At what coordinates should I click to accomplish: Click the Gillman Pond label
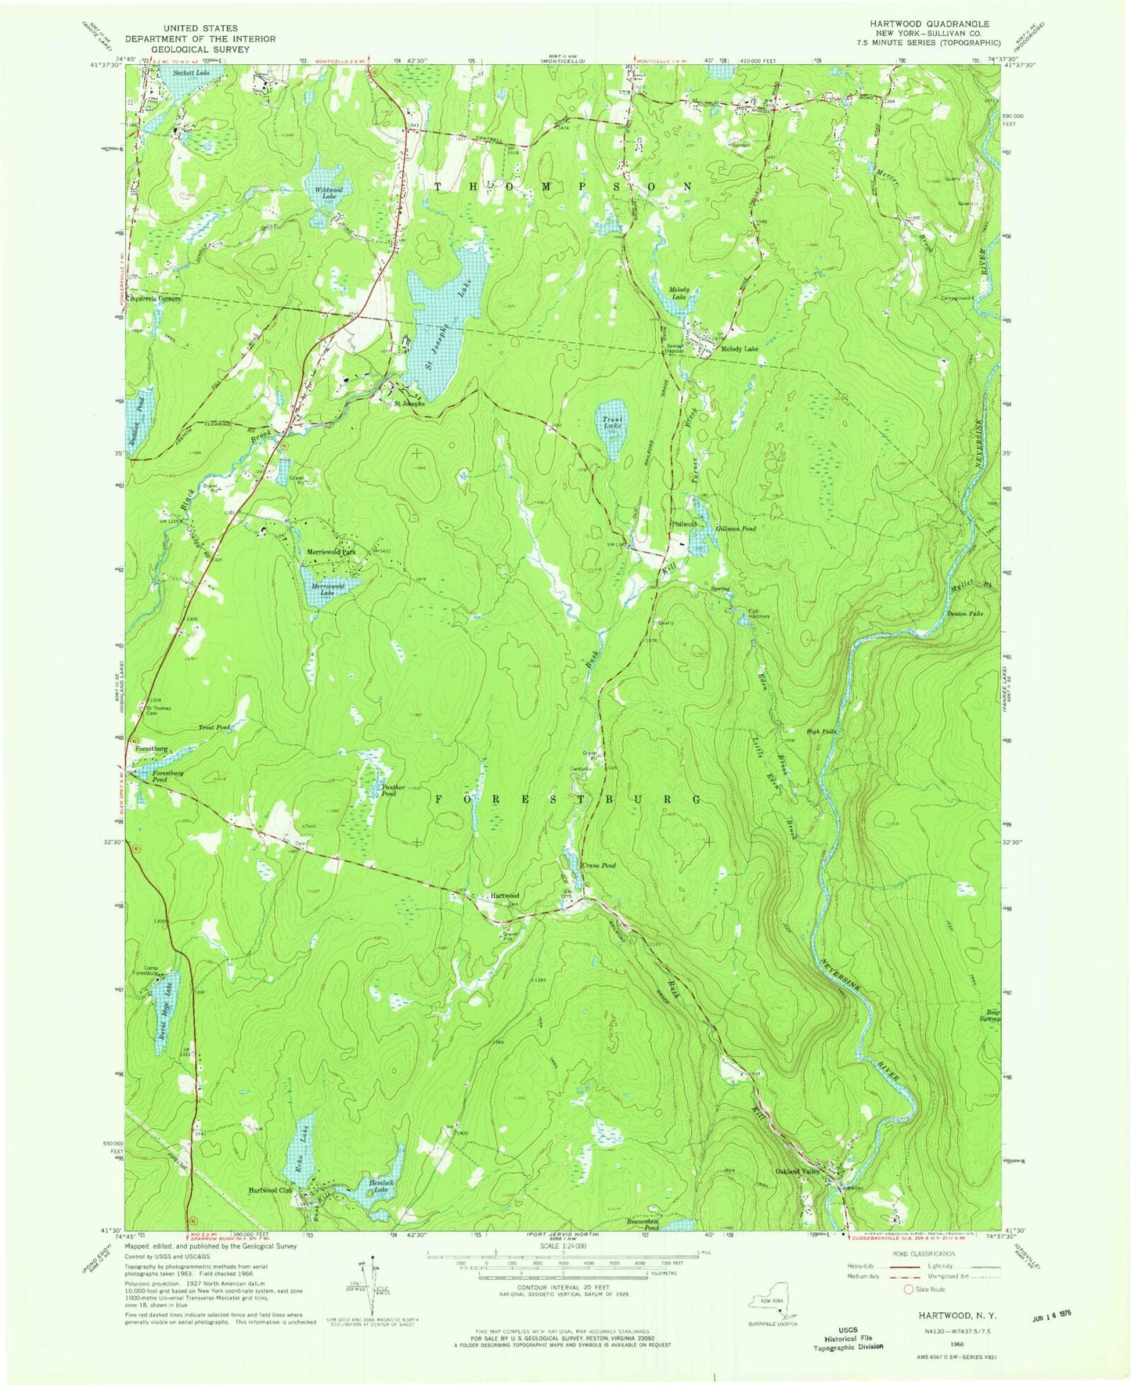click(x=736, y=528)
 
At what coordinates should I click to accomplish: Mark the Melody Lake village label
click(x=739, y=349)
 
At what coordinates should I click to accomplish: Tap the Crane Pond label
click(x=599, y=865)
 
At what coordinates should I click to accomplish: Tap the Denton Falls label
click(x=964, y=613)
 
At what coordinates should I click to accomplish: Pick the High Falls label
click(x=823, y=731)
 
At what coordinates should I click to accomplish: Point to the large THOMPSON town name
click(x=562, y=186)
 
